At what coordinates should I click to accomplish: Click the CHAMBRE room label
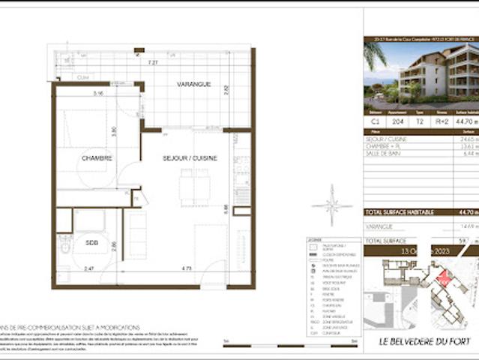tap(97, 158)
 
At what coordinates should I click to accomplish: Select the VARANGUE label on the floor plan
tap(193, 84)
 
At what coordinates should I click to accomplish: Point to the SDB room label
tap(91, 243)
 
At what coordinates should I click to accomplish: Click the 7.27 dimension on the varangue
tap(152, 62)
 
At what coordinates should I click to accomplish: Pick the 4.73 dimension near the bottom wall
tap(166, 268)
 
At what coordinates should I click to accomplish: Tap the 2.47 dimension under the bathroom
tap(88, 268)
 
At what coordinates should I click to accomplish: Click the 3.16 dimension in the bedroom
tap(97, 94)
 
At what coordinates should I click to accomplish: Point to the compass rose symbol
tap(328, 205)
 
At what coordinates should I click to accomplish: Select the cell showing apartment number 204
tap(397, 120)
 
